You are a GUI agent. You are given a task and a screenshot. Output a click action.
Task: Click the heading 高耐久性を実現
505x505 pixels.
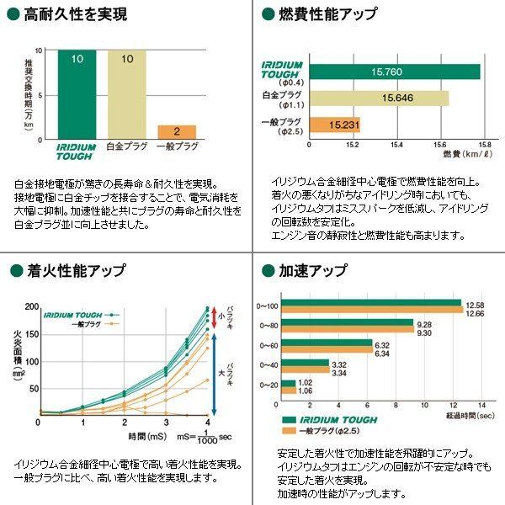coord(66,14)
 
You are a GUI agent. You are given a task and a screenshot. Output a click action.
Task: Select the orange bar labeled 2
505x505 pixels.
coord(177,131)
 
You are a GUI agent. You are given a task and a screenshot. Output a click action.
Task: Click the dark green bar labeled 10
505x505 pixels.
coord(77,93)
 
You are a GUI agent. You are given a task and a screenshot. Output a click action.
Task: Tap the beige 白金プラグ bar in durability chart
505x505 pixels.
coord(127,93)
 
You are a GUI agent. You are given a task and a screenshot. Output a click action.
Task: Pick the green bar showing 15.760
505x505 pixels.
coord(395,72)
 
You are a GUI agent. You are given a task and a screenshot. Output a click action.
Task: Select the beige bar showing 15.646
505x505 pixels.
coord(379,98)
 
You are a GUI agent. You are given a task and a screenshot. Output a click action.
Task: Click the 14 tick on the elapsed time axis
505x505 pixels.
coord(481,405)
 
